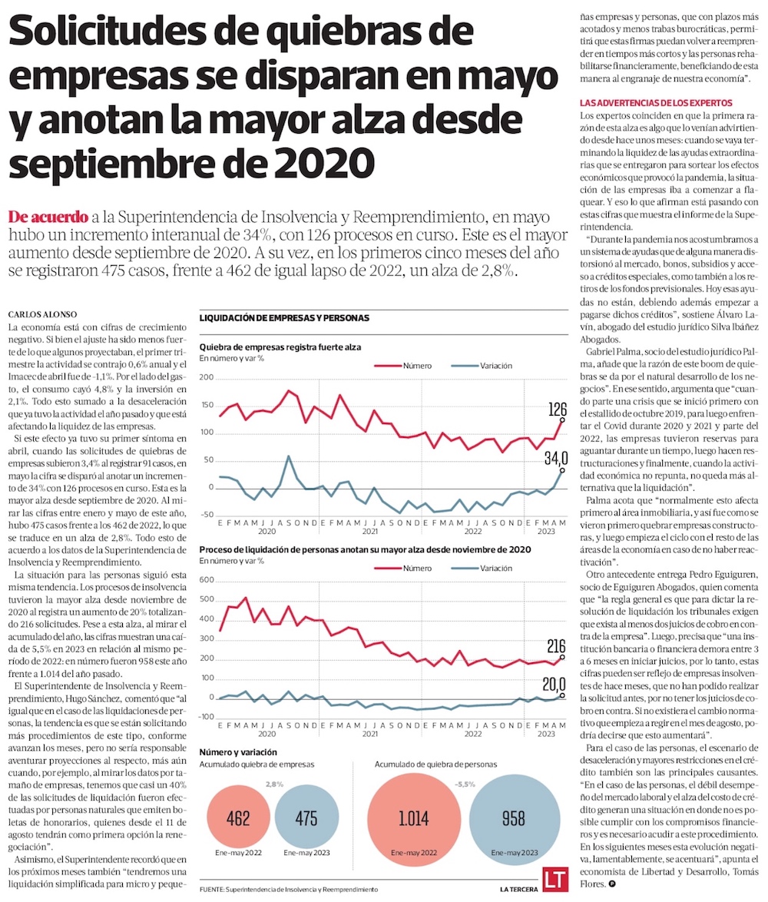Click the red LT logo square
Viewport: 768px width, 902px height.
click(x=554, y=880)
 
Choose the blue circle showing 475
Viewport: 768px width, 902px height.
click(x=306, y=817)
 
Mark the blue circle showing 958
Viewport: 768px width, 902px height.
click(x=514, y=817)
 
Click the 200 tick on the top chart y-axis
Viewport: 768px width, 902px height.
click(x=206, y=378)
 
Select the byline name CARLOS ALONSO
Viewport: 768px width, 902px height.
click(x=35, y=314)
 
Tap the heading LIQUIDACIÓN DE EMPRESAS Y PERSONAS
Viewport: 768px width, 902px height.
click(x=284, y=317)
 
